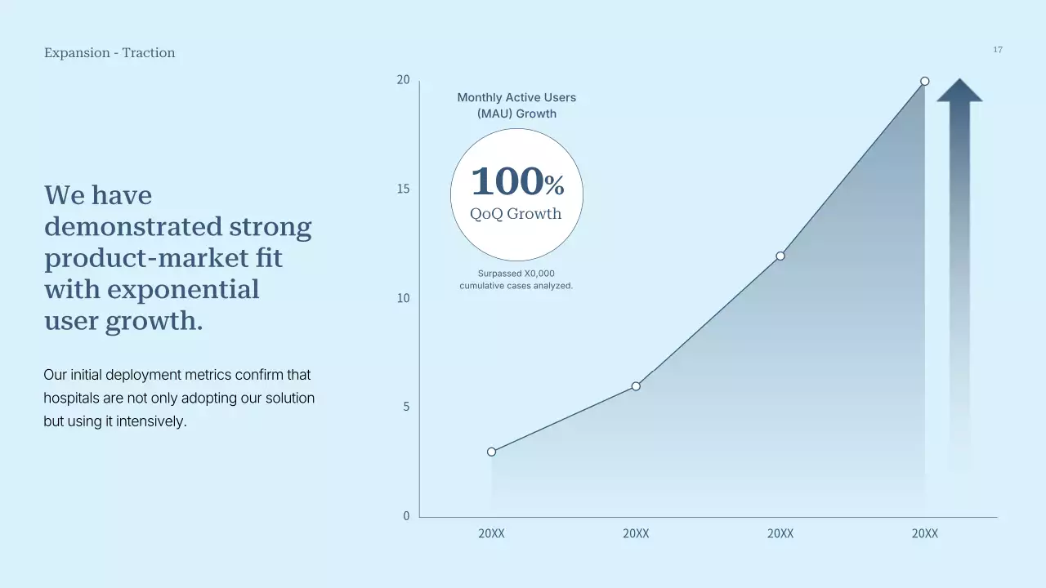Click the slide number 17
[x=998, y=50]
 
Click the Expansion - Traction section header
[x=110, y=53]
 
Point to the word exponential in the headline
[x=183, y=290]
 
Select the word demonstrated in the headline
[x=133, y=226]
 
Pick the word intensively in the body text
[x=151, y=421]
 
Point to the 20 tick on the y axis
[x=403, y=80]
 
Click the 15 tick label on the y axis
[x=403, y=189]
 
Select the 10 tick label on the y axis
[x=403, y=298]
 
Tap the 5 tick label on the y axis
[x=406, y=407]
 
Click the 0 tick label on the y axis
[x=406, y=515]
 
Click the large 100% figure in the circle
[x=517, y=181]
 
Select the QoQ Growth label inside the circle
[x=516, y=214]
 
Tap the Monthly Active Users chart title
[x=516, y=105]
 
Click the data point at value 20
[x=924, y=81]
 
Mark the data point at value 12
[x=780, y=256]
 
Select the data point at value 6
[x=636, y=386]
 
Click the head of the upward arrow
[x=959, y=91]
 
